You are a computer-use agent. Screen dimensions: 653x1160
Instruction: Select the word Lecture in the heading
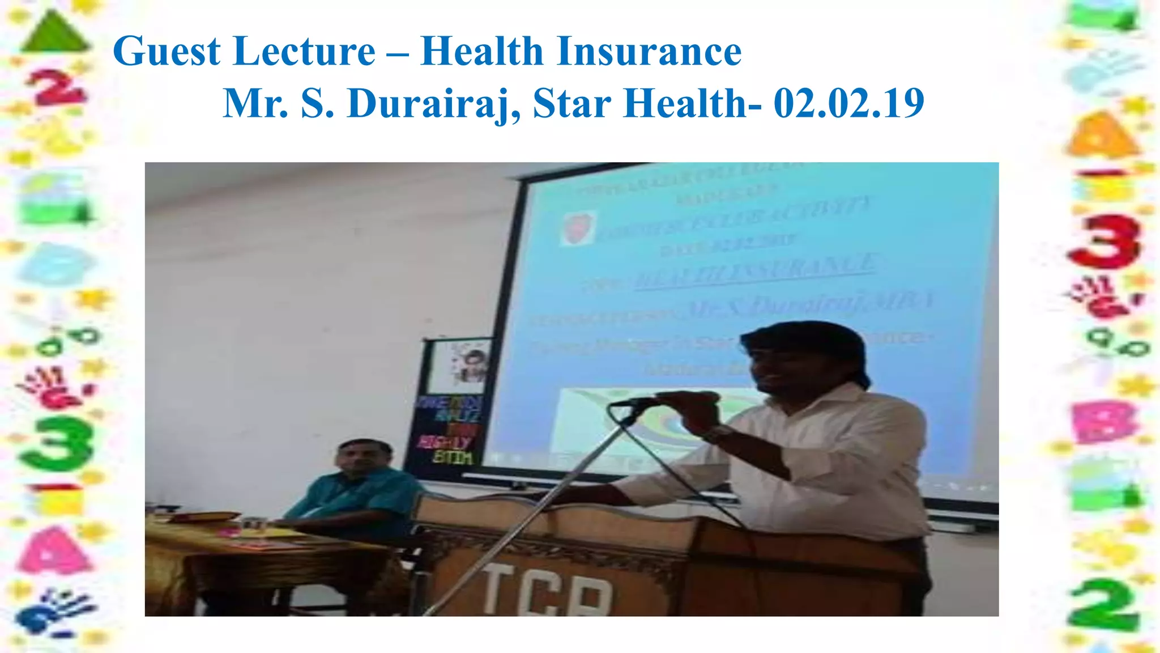(305, 52)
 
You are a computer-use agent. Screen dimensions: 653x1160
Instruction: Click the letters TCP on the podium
(547, 592)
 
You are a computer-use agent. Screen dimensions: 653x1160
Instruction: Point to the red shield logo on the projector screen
(578, 227)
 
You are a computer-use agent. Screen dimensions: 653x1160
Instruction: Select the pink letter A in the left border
(54, 550)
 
